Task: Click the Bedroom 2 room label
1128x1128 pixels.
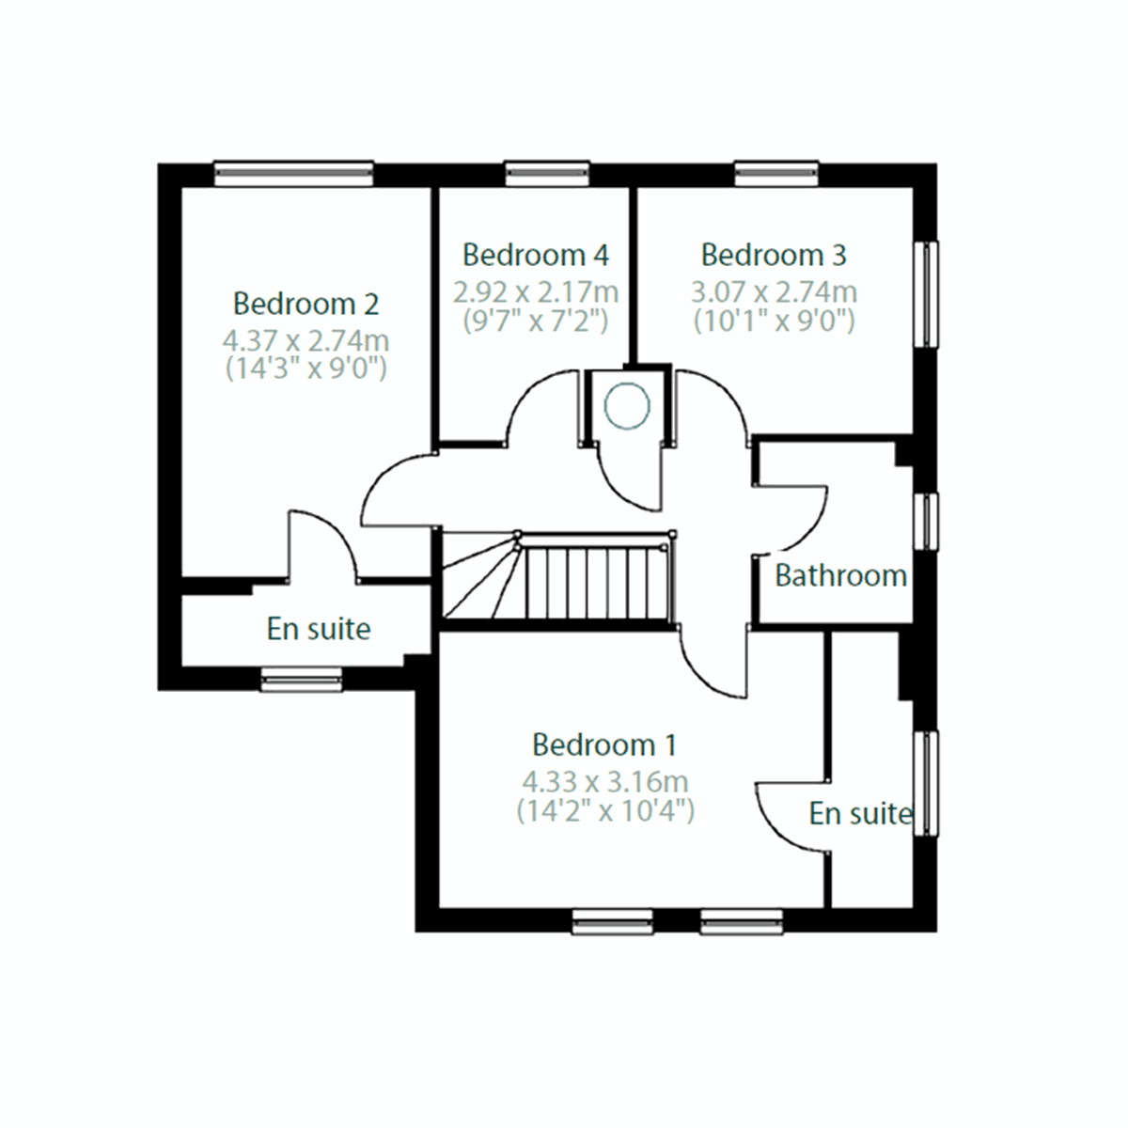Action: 305,305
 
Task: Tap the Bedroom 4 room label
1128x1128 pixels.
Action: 535,255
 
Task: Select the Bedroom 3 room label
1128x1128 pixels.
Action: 774,255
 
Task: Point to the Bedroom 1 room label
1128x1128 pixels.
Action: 604,745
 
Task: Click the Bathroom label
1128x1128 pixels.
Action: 840,575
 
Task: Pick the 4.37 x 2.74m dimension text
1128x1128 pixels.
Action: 305,340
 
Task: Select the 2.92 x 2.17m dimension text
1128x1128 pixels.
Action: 535,291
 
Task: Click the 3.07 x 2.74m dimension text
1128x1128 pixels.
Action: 774,291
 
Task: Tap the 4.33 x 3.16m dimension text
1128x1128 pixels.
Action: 604,781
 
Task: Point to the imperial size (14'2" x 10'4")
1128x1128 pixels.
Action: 604,810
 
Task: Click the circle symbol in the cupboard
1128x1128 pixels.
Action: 627,407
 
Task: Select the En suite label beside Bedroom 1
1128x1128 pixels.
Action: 860,814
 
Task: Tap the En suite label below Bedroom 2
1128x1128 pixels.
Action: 319,629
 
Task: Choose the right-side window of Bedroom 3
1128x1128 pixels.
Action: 927,295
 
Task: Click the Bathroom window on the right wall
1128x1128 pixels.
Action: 927,521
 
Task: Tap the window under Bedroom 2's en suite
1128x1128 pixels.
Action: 301,680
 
